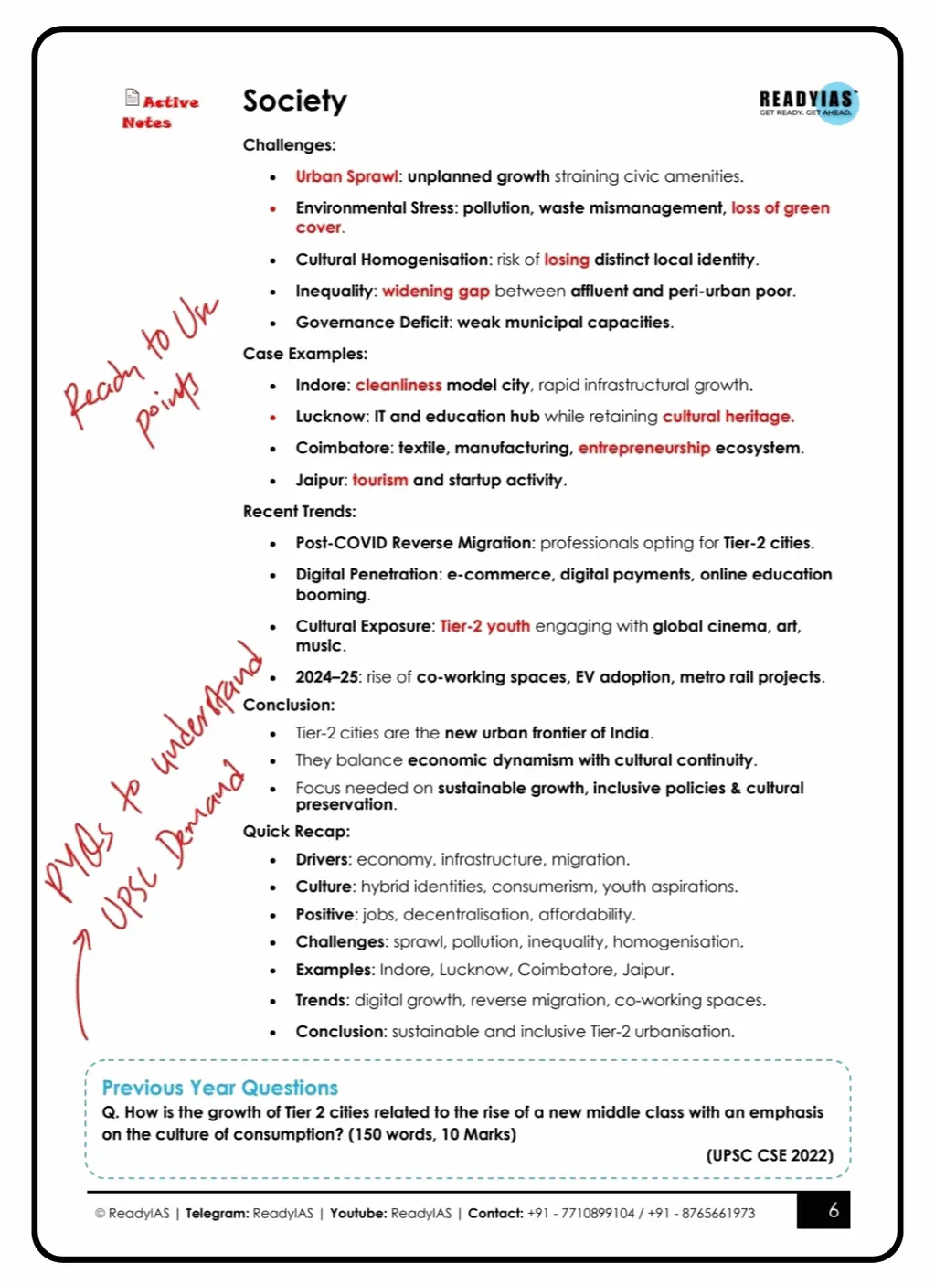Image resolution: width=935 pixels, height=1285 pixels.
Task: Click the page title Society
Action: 294,101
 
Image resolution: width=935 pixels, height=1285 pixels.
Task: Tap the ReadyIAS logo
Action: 808,102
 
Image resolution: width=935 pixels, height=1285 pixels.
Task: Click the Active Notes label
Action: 161,112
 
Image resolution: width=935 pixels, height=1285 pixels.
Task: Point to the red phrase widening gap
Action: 435,291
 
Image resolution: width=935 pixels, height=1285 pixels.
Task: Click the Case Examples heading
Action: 304,354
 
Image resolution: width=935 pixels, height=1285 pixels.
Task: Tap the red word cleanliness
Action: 398,385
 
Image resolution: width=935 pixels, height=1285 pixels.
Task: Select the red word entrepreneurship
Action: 643,448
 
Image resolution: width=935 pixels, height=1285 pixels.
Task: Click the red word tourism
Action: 379,480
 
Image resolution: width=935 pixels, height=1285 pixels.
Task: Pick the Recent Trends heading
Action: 299,511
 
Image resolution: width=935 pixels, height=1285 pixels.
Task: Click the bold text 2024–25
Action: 326,677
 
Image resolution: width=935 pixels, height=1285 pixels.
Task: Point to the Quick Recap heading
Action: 296,831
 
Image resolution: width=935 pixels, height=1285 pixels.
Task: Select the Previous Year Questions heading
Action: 219,1088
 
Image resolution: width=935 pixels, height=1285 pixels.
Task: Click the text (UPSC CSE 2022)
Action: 769,1155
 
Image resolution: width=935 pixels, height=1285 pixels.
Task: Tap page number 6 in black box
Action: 833,1210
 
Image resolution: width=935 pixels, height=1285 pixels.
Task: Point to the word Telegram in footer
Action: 217,1213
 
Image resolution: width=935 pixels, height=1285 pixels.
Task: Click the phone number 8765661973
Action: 717,1213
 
